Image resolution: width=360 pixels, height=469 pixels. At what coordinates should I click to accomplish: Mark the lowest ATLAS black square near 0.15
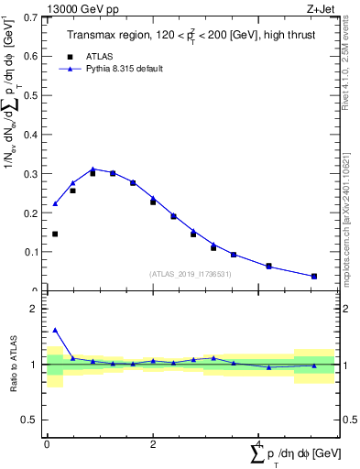[55, 234]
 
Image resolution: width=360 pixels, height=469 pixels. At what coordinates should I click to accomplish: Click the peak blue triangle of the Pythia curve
[93, 169]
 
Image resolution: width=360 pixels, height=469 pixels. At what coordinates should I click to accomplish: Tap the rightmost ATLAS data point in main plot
[314, 276]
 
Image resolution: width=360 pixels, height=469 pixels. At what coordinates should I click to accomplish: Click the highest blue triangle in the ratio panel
[55, 330]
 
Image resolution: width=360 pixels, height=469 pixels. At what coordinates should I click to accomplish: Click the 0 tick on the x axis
[47, 444]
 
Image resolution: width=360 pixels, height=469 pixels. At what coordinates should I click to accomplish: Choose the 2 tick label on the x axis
[153, 444]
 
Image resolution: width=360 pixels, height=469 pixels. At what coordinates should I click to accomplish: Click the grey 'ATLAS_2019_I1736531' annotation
[190, 274]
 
